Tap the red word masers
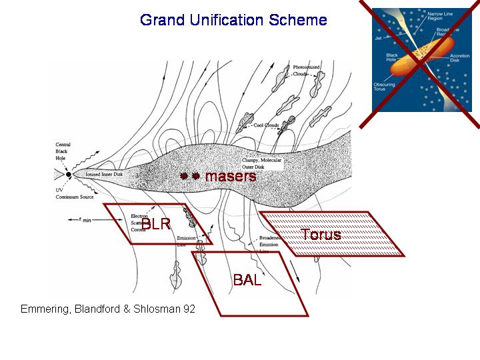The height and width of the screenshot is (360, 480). [230, 177]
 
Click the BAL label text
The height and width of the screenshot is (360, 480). [246, 280]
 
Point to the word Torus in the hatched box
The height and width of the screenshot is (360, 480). [321, 235]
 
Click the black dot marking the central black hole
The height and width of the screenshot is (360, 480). [68, 175]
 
